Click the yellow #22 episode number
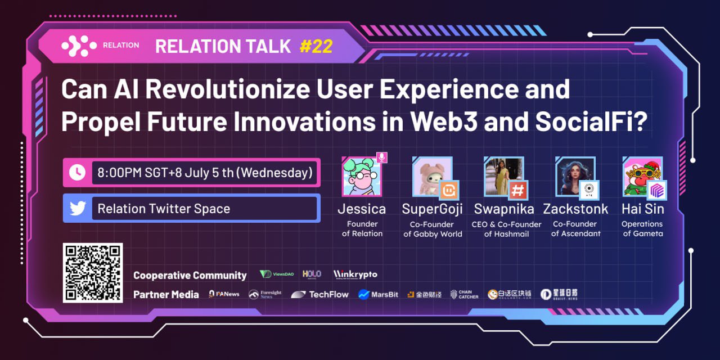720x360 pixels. coord(316,46)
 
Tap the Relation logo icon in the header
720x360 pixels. coord(78,46)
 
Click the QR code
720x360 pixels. coord(93,273)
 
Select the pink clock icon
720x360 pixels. coord(77,173)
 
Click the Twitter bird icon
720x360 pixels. coord(77,208)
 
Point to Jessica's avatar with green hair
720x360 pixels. coord(361,177)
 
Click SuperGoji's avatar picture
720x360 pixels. coord(431,176)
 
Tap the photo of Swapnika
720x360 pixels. coord(503,176)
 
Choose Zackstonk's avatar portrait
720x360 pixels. coord(574,176)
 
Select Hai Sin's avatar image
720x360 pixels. coord(642,176)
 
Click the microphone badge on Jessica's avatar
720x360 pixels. coord(382,157)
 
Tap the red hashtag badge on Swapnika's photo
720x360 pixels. coord(518,190)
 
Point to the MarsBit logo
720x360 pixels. coord(378,294)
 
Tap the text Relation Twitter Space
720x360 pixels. coord(164,209)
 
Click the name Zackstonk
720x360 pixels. coord(575,209)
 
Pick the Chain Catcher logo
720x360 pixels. coord(465,294)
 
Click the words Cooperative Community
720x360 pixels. coord(190,275)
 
